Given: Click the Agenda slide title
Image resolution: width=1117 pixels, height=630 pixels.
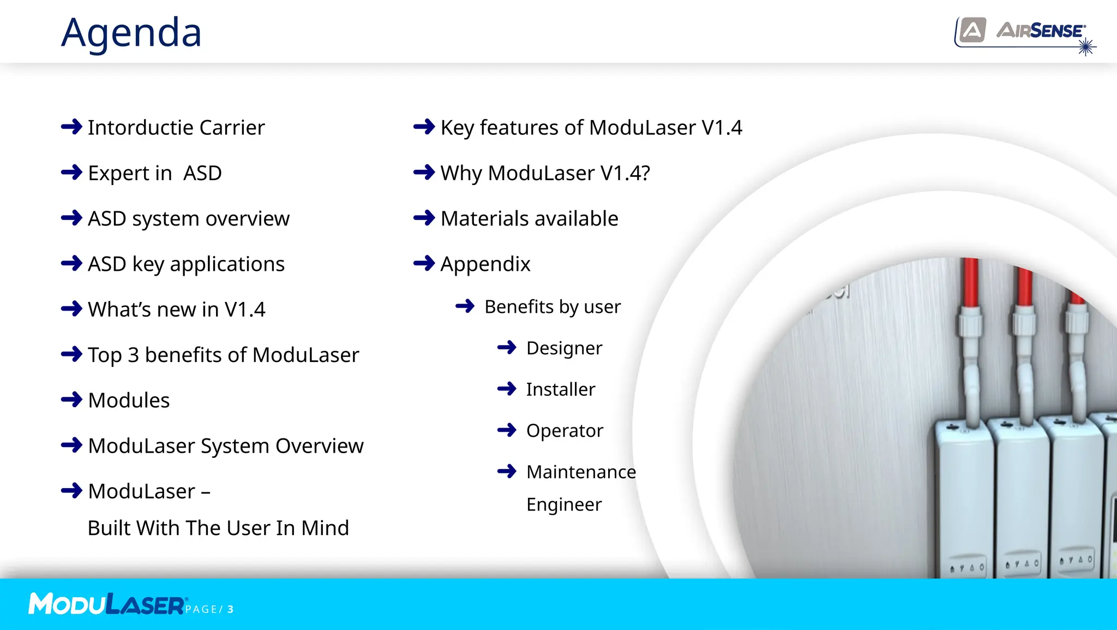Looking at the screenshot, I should (x=131, y=33).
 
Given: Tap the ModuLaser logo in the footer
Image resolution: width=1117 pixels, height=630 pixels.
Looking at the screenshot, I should (x=106, y=604).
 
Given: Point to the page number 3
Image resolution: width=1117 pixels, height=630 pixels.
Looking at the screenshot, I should (x=231, y=609).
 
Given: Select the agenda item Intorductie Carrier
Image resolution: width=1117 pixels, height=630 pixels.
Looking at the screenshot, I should (x=176, y=128).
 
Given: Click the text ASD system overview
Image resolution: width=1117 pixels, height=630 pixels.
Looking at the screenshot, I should (x=188, y=219).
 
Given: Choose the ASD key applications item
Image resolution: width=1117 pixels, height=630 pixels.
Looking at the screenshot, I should (x=186, y=264).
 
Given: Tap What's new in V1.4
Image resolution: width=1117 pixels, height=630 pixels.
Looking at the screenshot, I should (x=176, y=310).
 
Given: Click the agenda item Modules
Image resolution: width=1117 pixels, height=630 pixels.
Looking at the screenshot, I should (x=129, y=401).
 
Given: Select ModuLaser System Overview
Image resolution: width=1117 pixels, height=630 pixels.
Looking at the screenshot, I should (x=225, y=446).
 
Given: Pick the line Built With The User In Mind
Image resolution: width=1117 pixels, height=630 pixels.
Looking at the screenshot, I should (x=218, y=528).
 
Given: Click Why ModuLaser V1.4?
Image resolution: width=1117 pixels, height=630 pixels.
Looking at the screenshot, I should (x=545, y=173).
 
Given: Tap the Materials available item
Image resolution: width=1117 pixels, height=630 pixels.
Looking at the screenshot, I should (x=529, y=219).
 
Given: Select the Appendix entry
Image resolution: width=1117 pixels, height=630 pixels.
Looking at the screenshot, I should (x=485, y=264).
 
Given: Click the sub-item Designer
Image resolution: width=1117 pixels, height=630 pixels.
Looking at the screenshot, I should (x=564, y=348).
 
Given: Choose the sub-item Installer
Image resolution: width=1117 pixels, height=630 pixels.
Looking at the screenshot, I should (x=560, y=389).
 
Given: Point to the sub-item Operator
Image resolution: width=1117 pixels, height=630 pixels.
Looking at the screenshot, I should (x=564, y=431).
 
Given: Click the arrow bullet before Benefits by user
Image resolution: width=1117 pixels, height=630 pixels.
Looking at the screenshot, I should (x=465, y=306).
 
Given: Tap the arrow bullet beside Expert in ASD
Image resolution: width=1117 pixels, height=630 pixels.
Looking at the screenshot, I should (x=71, y=173).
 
